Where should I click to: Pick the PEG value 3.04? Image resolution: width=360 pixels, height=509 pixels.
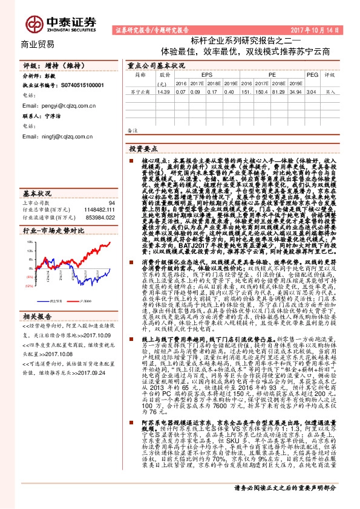(x=311, y=92)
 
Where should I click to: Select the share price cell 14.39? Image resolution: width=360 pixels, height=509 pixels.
(x=162, y=92)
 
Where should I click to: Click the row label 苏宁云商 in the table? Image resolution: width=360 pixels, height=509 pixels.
(x=139, y=92)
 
